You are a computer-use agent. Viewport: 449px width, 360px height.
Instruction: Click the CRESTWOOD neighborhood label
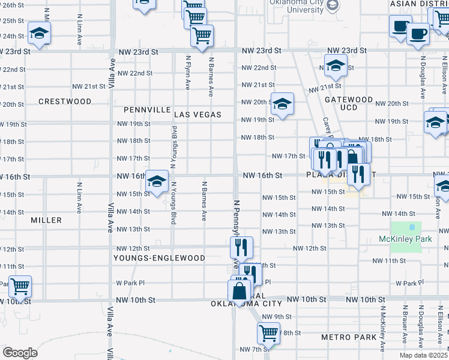(65, 101)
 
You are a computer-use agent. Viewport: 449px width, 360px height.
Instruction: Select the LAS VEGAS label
(198, 114)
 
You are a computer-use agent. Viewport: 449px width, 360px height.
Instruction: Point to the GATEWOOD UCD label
(349, 103)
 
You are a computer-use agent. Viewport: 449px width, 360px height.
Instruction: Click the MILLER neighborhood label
(46, 220)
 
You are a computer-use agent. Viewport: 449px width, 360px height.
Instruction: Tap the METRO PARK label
(349, 337)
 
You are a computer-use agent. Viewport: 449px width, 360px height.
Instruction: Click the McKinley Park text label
(406, 239)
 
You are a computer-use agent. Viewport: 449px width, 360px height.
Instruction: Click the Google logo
(20, 353)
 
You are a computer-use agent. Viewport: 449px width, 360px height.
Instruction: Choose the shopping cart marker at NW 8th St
(268, 332)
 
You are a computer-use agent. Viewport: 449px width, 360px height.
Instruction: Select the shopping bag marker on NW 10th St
(239, 291)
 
